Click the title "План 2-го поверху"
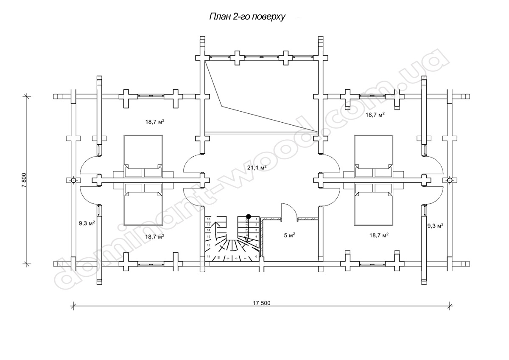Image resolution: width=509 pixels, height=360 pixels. [x=246, y=17]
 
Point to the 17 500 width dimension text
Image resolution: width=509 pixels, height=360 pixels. [x=261, y=303]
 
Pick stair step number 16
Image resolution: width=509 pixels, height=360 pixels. [x=209, y=219]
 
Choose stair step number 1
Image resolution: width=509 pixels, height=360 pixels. [x=256, y=219]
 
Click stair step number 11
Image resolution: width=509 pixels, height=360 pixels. [x=209, y=256]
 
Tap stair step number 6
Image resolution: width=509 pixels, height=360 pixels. [x=256, y=256]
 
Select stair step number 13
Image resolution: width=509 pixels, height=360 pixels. [x=209, y=236]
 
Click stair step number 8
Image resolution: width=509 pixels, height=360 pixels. [x=236, y=257]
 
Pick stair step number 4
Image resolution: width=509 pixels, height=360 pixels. [x=256, y=237]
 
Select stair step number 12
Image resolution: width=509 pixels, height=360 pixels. [x=209, y=245]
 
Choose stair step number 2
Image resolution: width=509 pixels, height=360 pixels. [x=256, y=224]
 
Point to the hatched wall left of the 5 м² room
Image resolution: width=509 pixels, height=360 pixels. [x=262, y=238]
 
